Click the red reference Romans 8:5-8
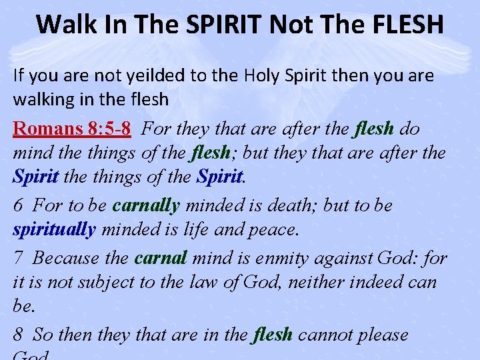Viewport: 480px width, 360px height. point(72,128)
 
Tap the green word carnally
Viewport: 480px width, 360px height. point(147,205)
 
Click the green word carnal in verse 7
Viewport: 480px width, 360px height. point(161,257)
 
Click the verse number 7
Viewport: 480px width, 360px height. point(18,257)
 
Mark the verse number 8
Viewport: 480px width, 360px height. point(18,335)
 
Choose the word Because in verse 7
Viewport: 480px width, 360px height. point(65,257)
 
